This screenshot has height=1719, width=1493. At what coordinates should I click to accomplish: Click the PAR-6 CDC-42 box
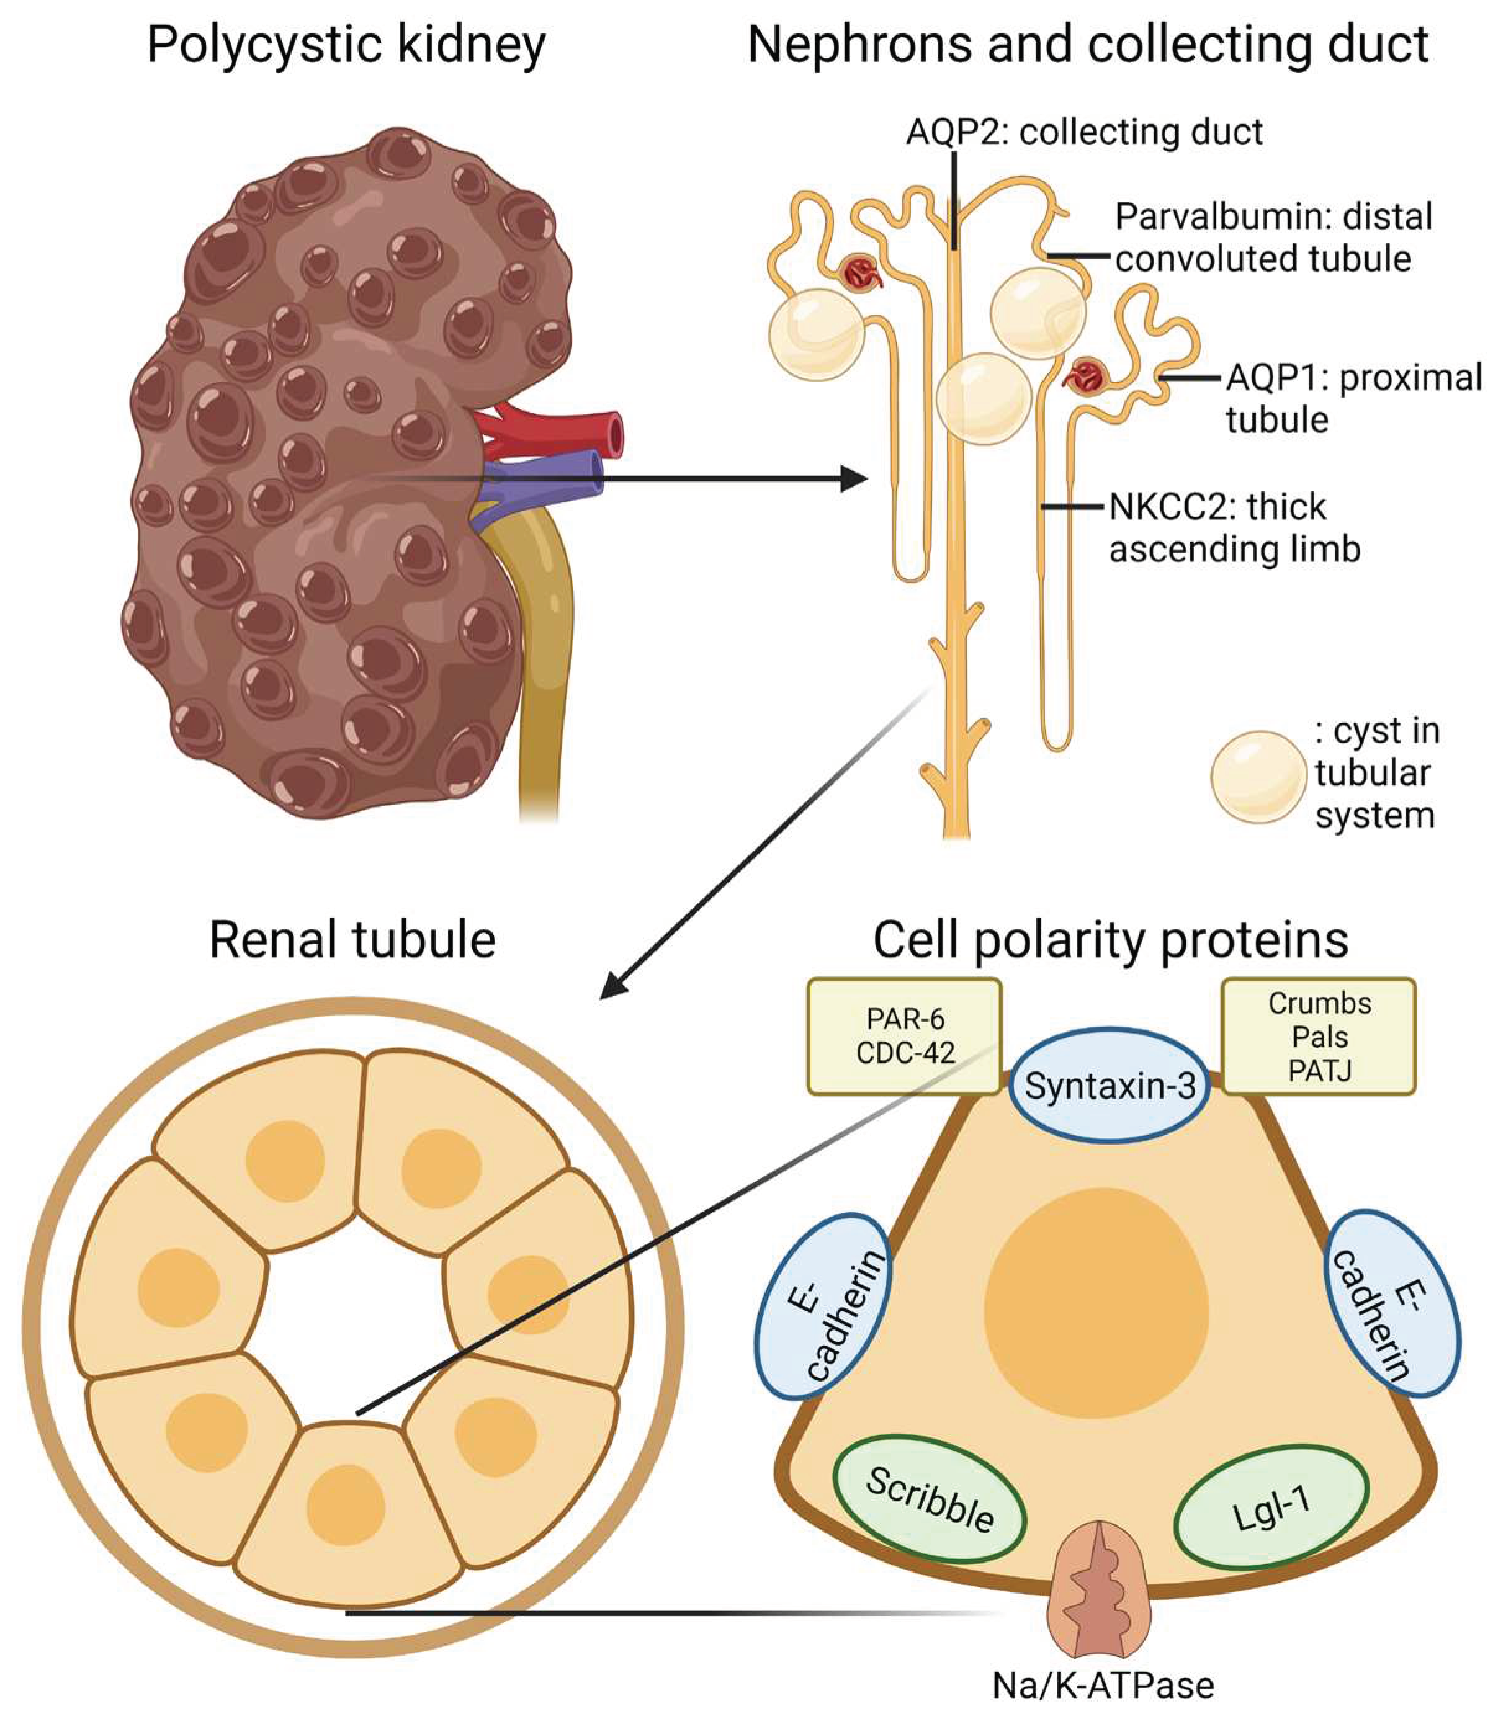904,1036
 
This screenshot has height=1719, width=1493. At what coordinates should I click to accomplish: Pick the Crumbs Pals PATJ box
1319,1036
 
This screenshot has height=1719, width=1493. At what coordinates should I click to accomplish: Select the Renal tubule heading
352,940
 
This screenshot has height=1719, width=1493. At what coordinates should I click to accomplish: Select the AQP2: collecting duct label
1084,132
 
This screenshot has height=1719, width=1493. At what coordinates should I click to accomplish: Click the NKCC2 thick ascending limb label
1233,527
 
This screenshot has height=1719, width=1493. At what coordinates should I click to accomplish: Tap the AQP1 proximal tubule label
1352,398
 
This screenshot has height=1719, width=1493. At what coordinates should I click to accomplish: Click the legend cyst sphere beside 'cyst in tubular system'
1257,776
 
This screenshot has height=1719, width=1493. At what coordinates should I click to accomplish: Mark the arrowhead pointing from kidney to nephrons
853,479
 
